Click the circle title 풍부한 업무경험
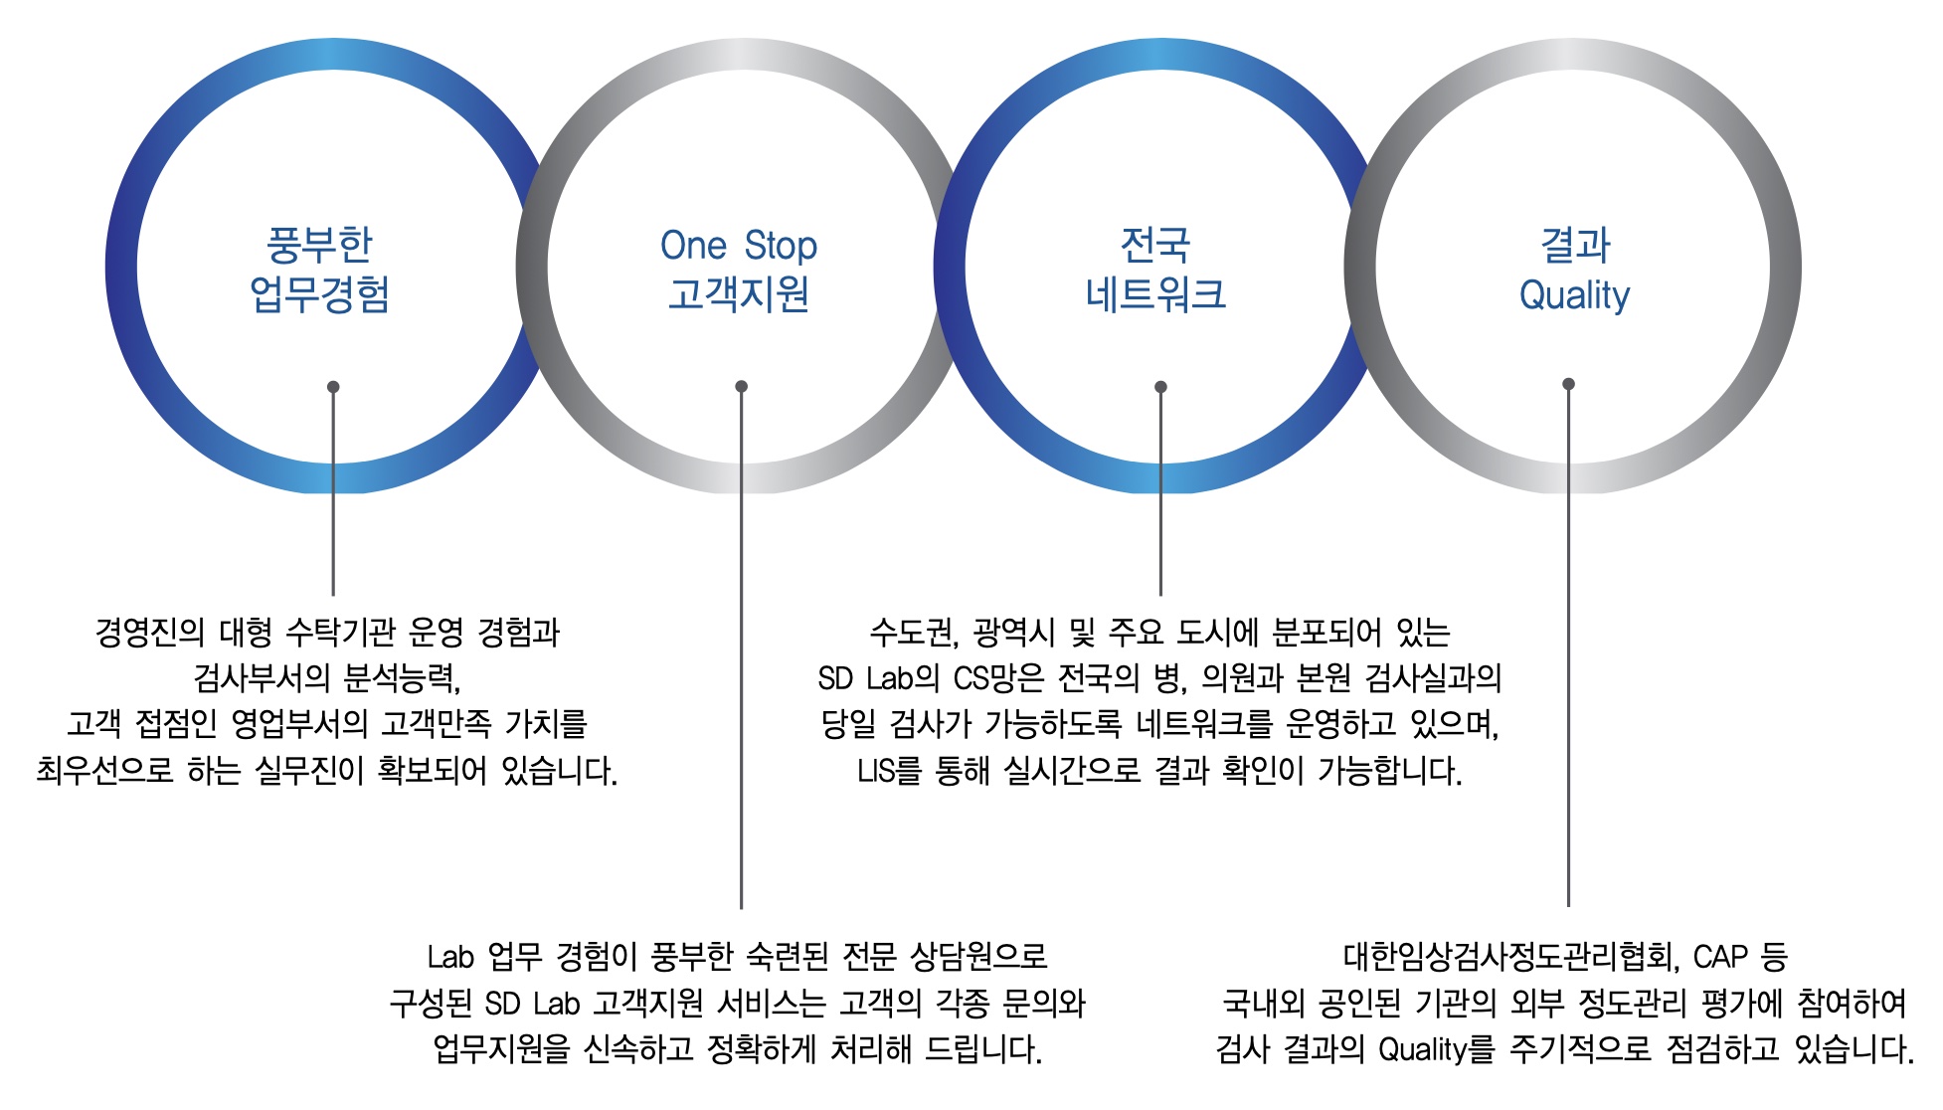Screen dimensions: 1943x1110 (x=319, y=269)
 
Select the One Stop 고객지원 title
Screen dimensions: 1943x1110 (x=739, y=269)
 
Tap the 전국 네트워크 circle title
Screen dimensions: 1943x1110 (x=1155, y=269)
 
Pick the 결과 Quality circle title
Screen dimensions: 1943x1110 (x=1575, y=269)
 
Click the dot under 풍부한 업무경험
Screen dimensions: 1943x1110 (x=333, y=387)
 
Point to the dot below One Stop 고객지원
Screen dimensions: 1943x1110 (x=741, y=387)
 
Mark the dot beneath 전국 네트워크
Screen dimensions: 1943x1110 (x=1160, y=387)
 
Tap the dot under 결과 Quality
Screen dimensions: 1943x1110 (x=1568, y=384)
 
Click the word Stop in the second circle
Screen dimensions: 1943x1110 (x=781, y=246)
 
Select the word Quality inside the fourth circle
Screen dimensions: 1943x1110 (x=1575, y=295)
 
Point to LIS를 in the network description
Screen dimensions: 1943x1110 (x=889, y=771)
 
